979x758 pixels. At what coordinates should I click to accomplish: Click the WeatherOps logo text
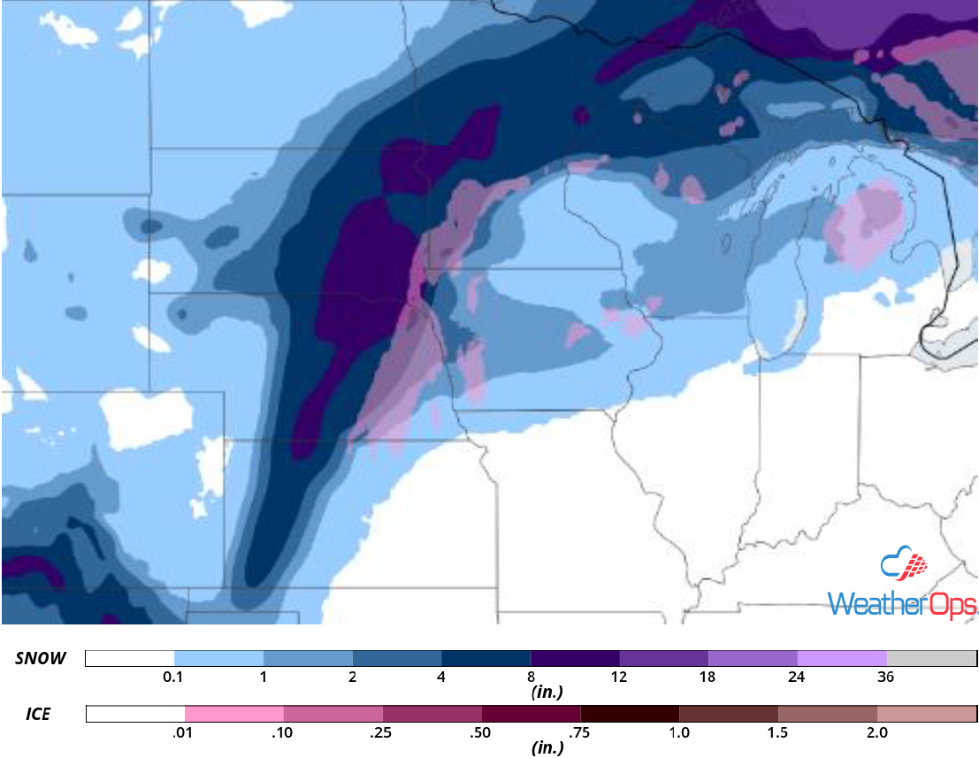tap(902, 604)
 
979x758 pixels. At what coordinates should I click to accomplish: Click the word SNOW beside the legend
tap(39, 658)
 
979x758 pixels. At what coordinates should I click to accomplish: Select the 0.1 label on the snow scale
tap(173, 678)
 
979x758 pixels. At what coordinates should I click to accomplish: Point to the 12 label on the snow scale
tap(618, 678)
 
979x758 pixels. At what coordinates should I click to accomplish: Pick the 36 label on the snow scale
tap(886, 678)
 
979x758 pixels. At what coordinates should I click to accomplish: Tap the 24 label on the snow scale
tap(797, 678)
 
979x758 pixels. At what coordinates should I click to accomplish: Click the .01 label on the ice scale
tap(185, 732)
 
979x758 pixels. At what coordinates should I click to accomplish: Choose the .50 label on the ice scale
tap(482, 732)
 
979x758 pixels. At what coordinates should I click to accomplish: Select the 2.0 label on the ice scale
tap(876, 732)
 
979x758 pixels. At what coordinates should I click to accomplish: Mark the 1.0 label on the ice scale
tap(679, 732)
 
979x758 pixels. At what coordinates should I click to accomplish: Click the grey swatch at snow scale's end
tap(930, 658)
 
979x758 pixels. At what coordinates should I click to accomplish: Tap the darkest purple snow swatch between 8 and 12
tap(574, 658)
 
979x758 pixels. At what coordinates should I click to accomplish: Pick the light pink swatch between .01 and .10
tap(234, 714)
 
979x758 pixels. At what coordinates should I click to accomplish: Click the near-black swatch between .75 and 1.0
tap(630, 714)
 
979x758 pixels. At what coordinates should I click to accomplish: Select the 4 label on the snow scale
tap(440, 678)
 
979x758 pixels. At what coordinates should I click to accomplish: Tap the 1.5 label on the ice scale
tap(778, 732)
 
